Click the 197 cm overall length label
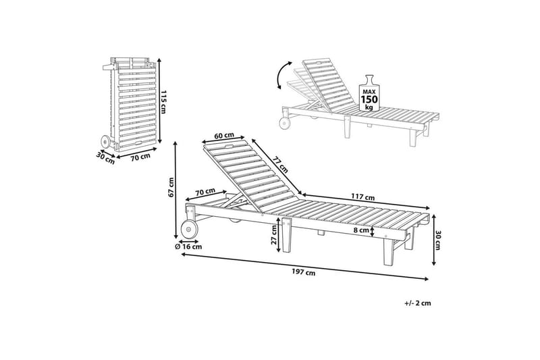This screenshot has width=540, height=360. (303, 272)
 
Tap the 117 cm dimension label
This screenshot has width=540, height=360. (363, 197)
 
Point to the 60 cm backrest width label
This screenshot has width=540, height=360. (224, 135)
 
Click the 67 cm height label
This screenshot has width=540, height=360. (171, 187)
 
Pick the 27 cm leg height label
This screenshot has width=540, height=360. (274, 234)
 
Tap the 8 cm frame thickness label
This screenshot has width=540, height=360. (361, 230)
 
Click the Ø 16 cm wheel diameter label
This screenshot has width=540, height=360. (188, 247)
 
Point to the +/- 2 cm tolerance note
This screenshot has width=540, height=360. (418, 303)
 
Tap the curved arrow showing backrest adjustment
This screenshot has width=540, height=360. (283, 75)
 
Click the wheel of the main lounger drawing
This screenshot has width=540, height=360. (189, 229)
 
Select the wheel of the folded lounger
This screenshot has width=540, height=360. (105, 142)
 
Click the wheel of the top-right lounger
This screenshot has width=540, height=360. (285, 123)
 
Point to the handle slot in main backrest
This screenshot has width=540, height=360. (227, 147)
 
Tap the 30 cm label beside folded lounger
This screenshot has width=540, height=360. (105, 158)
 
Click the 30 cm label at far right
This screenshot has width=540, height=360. (437, 240)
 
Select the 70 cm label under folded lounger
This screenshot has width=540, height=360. (140, 157)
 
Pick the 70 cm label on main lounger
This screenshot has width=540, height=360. (205, 192)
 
